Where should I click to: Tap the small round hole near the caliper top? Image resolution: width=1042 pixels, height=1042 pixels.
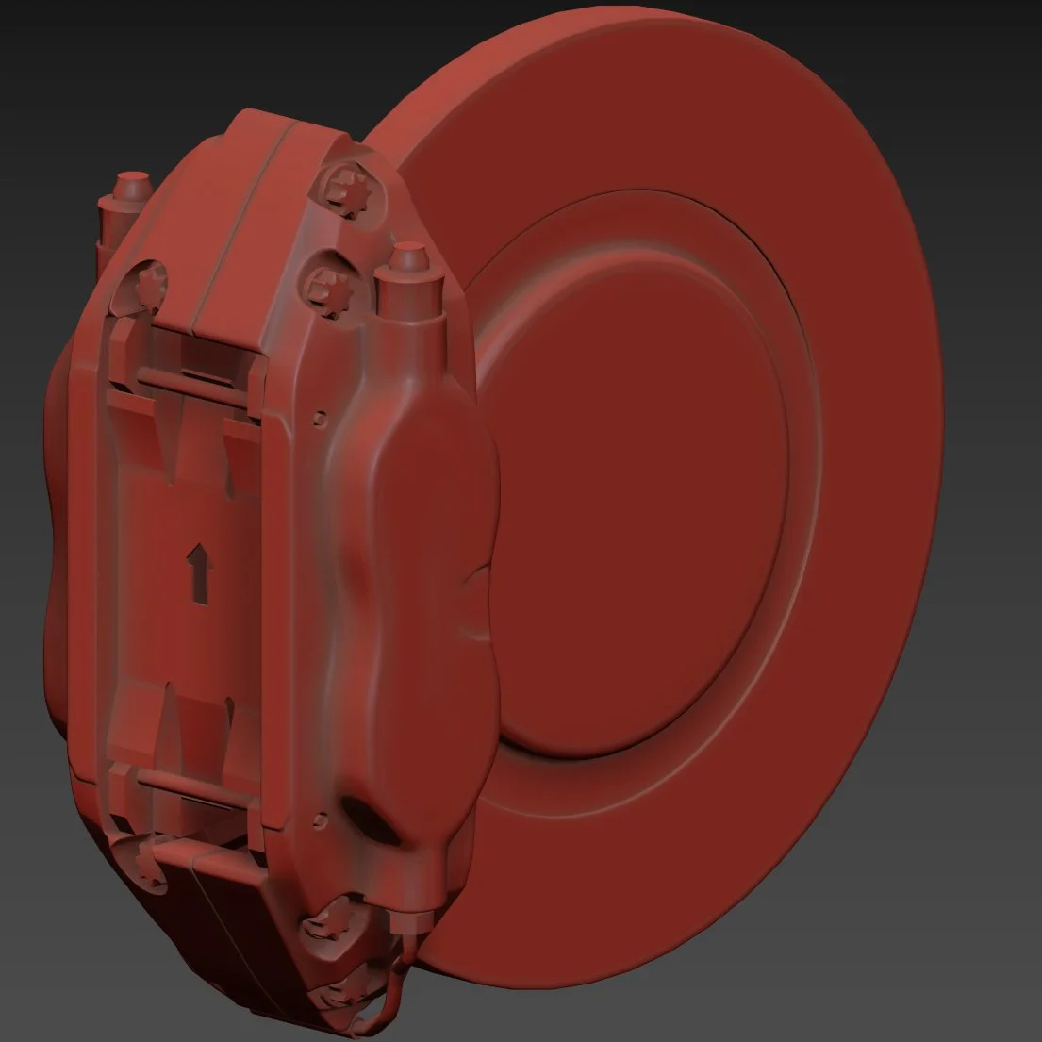pos(323,414)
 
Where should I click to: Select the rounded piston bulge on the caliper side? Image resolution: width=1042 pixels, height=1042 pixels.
pos(424,528)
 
